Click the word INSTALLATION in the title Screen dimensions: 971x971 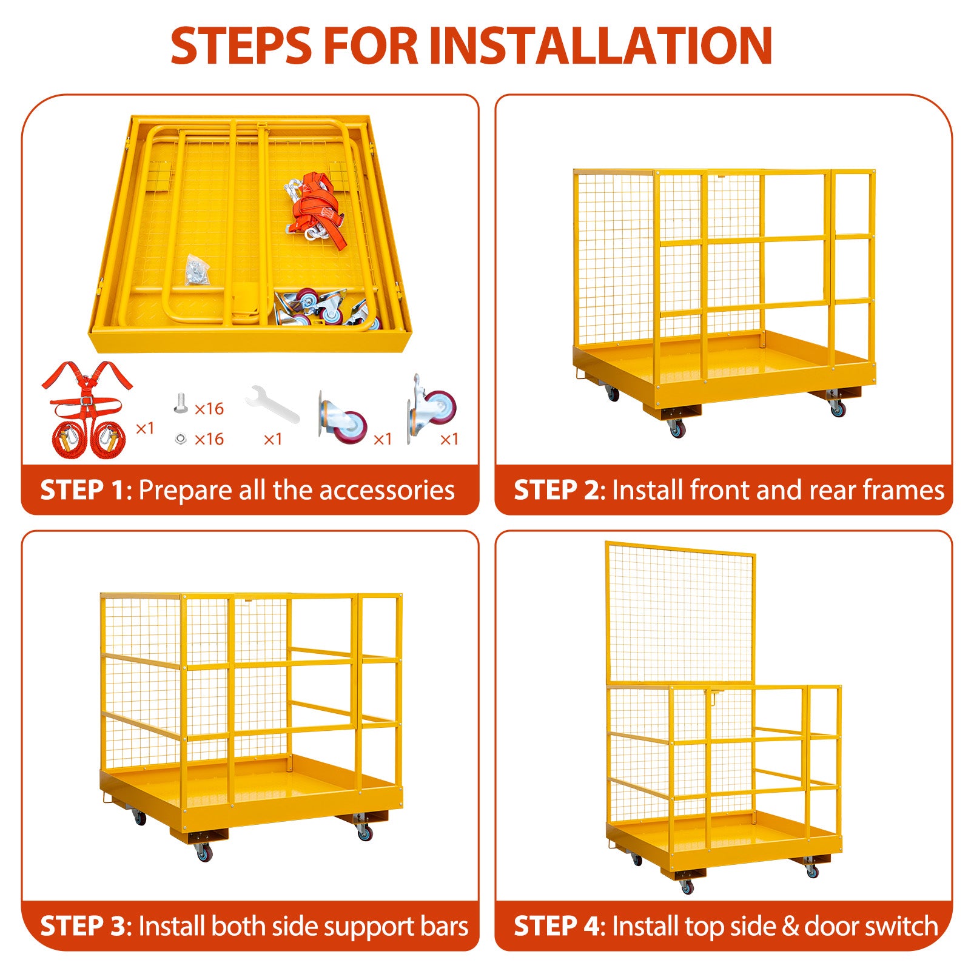600,45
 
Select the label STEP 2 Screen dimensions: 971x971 559,490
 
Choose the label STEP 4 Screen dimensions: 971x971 559,927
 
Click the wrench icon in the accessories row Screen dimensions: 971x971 272,404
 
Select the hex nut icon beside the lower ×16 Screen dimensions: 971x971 180,438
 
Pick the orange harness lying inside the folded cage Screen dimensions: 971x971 315,209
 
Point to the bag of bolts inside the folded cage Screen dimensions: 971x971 197,270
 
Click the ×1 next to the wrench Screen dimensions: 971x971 273,439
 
